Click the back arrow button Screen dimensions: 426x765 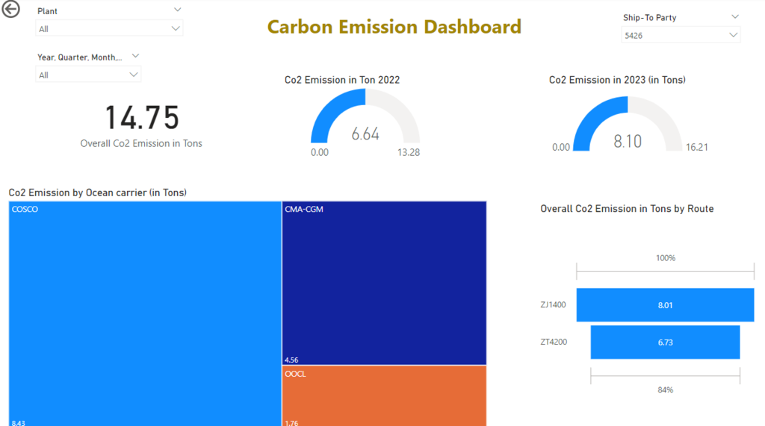point(11,10)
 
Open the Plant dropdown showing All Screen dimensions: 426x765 point(109,29)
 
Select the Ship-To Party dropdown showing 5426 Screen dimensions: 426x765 point(680,35)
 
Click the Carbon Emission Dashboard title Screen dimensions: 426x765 point(394,28)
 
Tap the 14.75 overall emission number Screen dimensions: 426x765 point(141,118)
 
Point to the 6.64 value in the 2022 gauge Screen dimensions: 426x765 point(365,134)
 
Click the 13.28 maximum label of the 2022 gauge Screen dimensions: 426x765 point(409,152)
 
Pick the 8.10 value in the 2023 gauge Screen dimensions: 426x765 point(628,141)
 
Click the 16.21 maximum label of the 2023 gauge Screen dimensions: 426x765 point(696,147)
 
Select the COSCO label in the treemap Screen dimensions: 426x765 point(25,210)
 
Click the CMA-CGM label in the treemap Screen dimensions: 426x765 point(304,210)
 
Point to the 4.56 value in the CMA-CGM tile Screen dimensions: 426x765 point(291,360)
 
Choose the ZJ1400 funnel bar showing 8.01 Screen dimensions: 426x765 point(665,305)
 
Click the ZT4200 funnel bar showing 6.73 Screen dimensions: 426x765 point(665,342)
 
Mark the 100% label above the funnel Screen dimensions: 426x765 point(665,258)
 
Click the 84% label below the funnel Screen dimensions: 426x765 point(665,389)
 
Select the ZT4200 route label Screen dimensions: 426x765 point(554,342)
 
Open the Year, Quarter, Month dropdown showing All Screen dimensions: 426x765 point(88,75)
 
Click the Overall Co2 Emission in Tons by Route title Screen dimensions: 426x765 point(627,209)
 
